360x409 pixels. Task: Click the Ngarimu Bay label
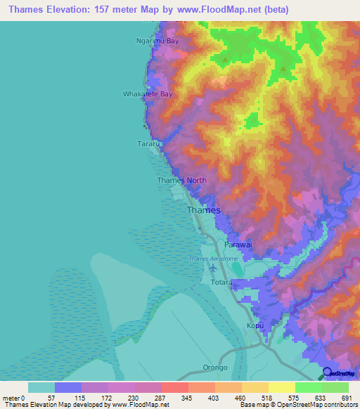(157, 41)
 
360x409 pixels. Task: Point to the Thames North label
(181, 181)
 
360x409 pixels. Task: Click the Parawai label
(238, 245)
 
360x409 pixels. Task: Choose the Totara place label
(221, 282)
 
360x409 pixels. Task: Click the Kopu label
(255, 325)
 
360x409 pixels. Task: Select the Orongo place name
(215, 367)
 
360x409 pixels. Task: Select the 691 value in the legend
(347, 398)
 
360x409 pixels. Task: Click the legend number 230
(134, 398)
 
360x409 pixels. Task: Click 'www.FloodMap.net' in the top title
(214, 10)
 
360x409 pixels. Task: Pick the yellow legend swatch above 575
(281, 387)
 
